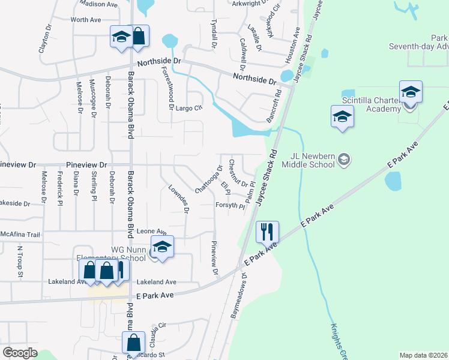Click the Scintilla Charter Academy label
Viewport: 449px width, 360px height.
pyautogui.click(x=371, y=105)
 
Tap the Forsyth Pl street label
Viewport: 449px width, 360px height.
pyautogui.click(x=230, y=206)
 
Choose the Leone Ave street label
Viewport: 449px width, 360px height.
pyautogui.click(x=151, y=231)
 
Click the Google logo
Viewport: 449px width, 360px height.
pyautogui.click(x=20, y=353)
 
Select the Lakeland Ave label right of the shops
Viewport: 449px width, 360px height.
pyautogui.click(x=156, y=281)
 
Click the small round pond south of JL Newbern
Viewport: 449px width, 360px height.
pyautogui.click(x=393, y=181)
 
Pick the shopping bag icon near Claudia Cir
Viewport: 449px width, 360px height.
pyautogui.click(x=133, y=343)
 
